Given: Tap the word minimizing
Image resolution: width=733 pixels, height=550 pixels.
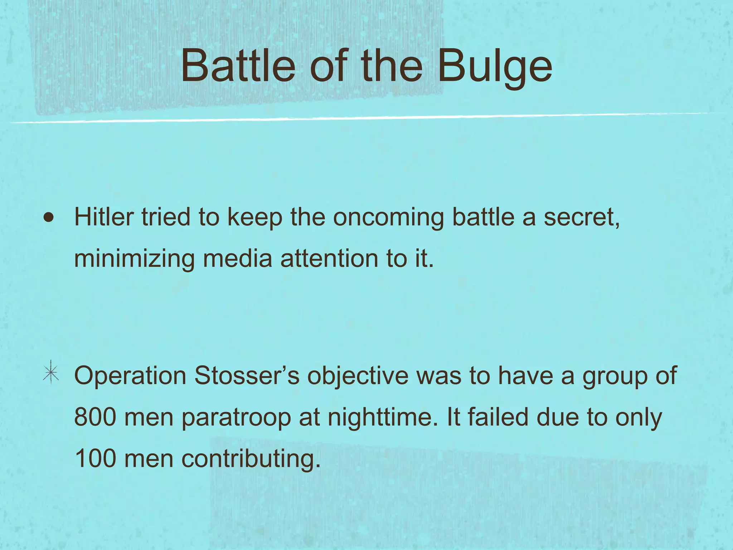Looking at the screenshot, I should click(x=134, y=259).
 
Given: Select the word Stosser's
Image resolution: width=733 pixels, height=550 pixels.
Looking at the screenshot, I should click(x=247, y=376).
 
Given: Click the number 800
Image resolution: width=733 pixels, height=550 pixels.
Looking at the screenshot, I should click(x=95, y=417).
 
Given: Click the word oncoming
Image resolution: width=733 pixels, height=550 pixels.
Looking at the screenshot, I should click(x=388, y=218).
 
